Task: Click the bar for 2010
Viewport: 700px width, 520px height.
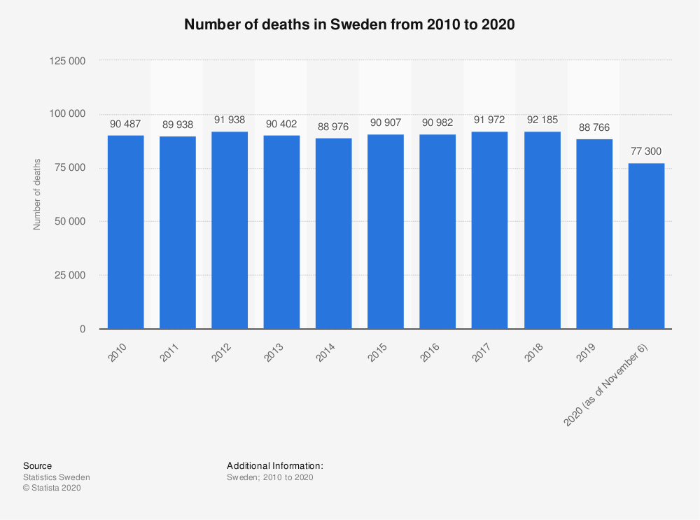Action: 126,232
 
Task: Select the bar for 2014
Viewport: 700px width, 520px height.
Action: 334,233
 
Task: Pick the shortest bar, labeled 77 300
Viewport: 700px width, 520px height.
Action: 646,246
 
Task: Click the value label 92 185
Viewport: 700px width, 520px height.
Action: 542,121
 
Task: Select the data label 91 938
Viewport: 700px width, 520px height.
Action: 230,120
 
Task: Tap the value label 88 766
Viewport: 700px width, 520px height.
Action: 594,127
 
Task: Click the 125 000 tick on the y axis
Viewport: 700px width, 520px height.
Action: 67,60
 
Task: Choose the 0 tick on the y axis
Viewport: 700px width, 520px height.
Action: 82,329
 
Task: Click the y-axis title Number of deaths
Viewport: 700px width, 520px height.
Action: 37,195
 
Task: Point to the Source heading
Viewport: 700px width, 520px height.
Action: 37,465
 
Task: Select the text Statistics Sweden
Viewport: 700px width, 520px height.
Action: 57,477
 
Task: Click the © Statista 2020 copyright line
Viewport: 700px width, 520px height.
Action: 52,489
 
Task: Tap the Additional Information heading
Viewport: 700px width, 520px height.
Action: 274,465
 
